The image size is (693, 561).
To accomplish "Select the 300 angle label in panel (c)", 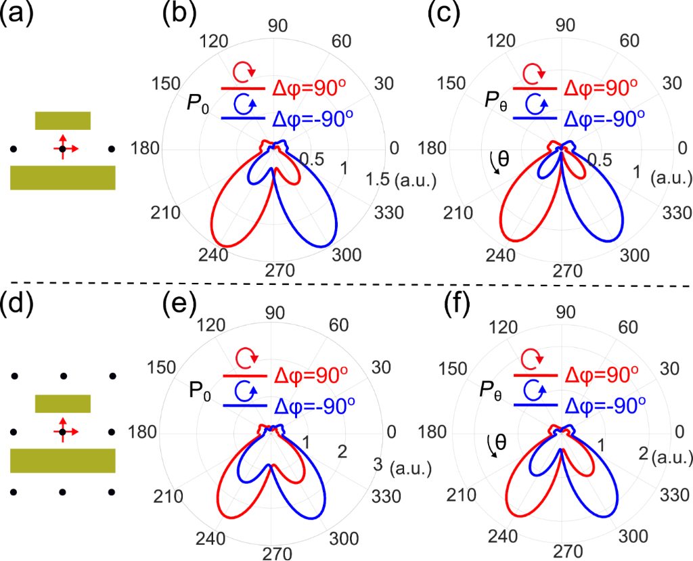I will (x=635, y=255).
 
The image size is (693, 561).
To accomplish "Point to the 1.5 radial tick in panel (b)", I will (x=376, y=179).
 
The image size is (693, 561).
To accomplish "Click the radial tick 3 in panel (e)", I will (x=377, y=464).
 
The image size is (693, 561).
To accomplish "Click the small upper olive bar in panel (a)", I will (x=62, y=120).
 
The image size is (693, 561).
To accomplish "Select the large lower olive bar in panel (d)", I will (x=62, y=460).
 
